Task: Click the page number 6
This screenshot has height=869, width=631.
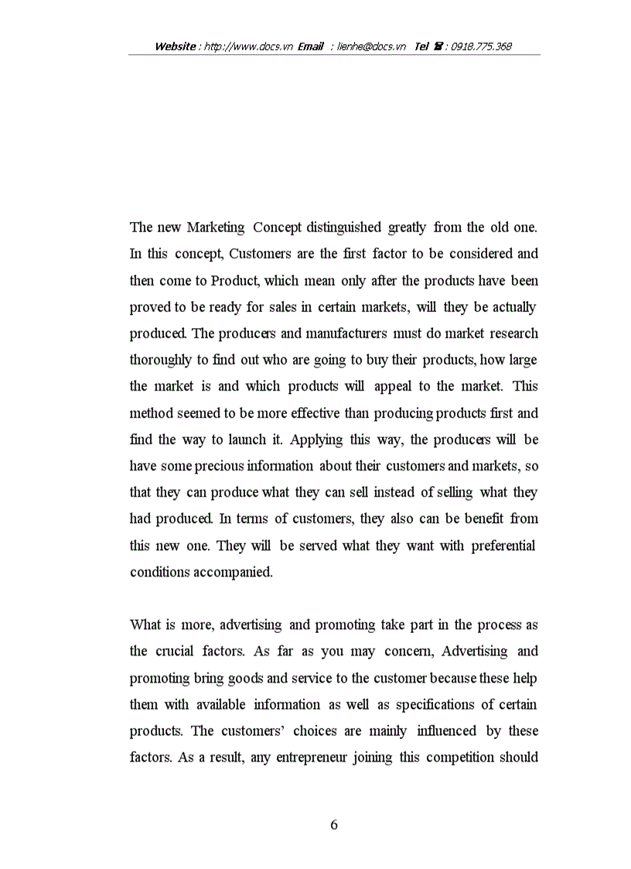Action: [334, 825]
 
